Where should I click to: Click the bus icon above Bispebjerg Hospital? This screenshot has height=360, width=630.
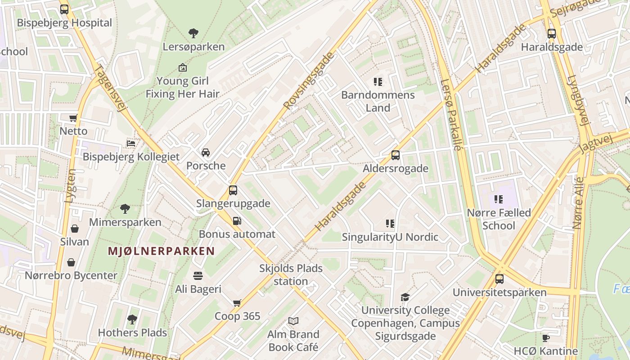click(x=64, y=9)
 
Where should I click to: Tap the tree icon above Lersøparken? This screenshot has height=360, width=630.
click(x=193, y=33)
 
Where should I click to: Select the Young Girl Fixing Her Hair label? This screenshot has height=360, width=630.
click(x=182, y=87)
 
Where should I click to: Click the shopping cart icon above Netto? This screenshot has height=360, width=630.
click(x=73, y=118)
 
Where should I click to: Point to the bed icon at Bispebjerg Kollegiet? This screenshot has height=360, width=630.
click(x=131, y=143)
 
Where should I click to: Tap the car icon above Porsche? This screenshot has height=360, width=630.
click(x=206, y=152)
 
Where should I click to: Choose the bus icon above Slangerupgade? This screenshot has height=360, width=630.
click(x=233, y=190)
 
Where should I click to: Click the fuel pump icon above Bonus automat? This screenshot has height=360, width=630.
click(x=237, y=220)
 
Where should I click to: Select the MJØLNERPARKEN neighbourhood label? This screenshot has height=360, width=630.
click(x=161, y=251)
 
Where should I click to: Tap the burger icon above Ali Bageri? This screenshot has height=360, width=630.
click(x=198, y=275)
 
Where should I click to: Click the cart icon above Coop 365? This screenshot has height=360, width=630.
click(x=237, y=303)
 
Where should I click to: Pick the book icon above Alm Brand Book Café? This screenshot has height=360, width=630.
click(x=293, y=321)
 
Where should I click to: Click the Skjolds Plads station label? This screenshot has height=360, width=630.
click(x=291, y=274)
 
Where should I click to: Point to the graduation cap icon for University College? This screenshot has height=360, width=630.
click(x=405, y=297)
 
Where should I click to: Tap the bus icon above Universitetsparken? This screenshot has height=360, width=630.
click(x=499, y=279)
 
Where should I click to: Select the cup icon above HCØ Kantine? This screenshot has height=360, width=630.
click(x=546, y=338)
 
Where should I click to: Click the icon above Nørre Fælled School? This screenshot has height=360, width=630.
click(x=499, y=199)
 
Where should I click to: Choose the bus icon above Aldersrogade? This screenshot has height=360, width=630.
click(x=396, y=155)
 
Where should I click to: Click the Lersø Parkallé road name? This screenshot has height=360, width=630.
click(x=451, y=115)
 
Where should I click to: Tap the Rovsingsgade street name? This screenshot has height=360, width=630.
click(x=310, y=81)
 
